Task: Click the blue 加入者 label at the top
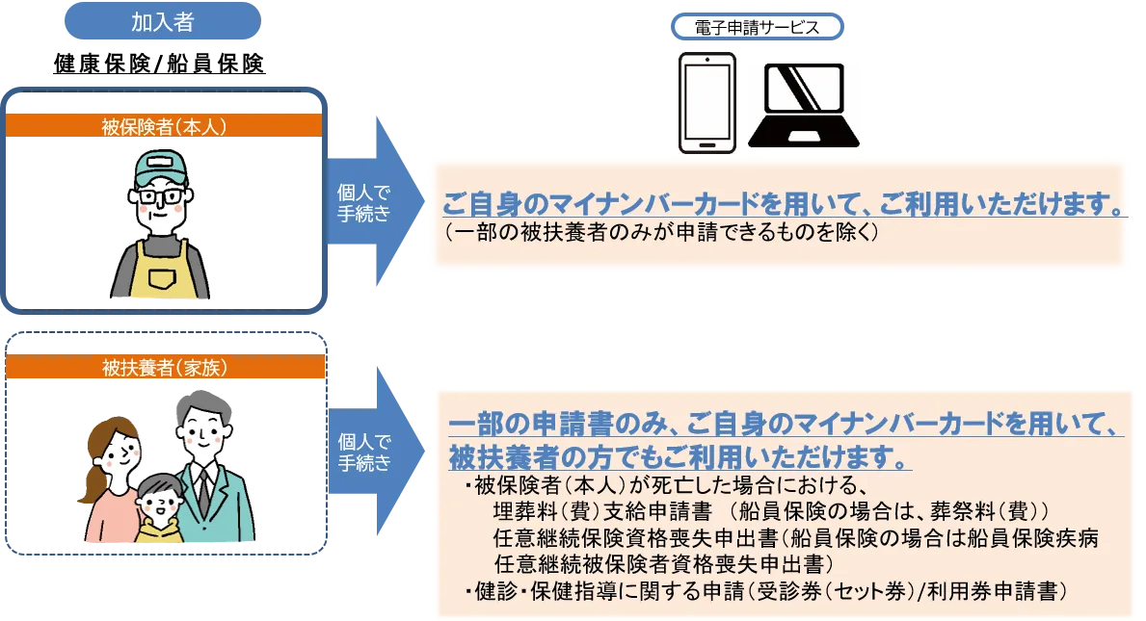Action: [x=162, y=22]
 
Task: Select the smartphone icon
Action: [x=706, y=102]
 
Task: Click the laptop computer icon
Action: [x=810, y=106]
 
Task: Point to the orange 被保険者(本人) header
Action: [x=164, y=126]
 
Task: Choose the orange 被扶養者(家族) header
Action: [x=164, y=367]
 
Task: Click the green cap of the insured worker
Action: [x=160, y=169]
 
